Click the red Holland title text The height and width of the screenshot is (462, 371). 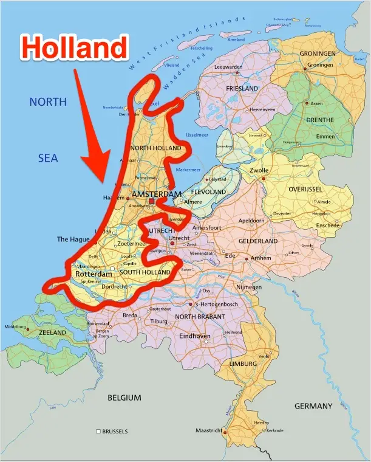click(x=76, y=47)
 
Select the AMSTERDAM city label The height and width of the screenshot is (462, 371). click(x=157, y=195)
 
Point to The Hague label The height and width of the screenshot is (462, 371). click(x=73, y=240)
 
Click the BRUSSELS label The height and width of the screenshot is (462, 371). click(x=115, y=432)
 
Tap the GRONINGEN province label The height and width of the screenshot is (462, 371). click(x=318, y=54)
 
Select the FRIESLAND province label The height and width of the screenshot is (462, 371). click(x=242, y=89)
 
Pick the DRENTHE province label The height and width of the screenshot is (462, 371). click(x=320, y=120)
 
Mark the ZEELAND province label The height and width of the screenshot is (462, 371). click(x=53, y=333)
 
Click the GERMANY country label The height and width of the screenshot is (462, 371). click(x=313, y=406)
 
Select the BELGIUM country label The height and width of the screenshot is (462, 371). click(x=124, y=398)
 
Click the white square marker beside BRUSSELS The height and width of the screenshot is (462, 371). click(x=98, y=432)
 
